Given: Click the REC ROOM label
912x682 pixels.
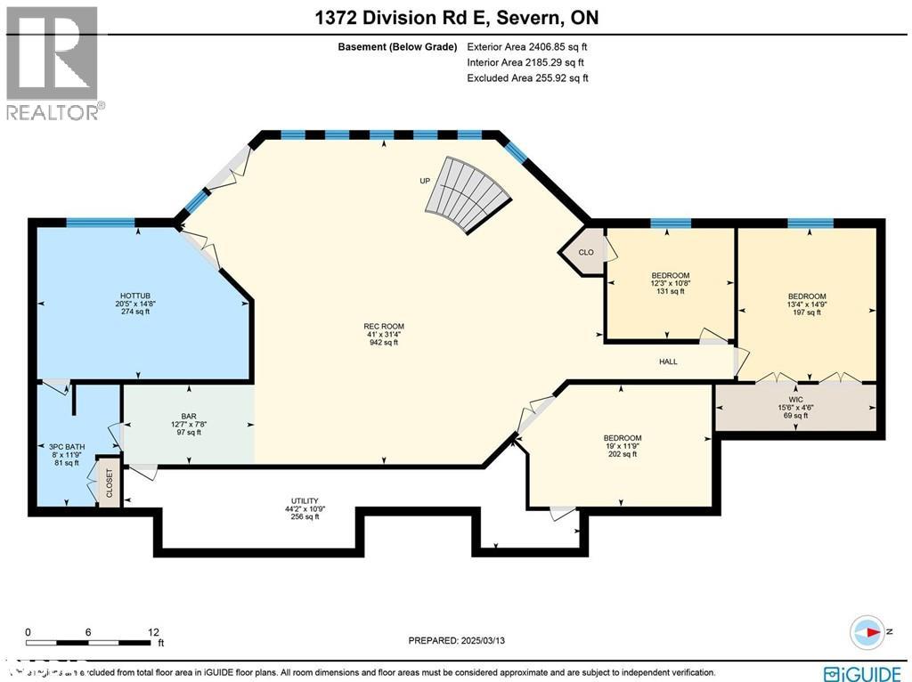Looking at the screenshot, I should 384,327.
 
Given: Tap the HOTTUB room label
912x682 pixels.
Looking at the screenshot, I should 136,296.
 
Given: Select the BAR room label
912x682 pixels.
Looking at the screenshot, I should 189,415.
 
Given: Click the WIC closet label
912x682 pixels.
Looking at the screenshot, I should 795,398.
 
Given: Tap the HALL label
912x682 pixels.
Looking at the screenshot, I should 668,361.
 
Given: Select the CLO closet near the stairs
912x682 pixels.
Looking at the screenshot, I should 586,252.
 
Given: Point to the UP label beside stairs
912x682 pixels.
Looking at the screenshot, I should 425,181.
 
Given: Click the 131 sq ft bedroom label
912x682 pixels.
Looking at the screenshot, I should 670,275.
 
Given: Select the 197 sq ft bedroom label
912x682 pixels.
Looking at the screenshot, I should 807,296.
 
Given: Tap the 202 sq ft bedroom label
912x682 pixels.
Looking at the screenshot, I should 622,437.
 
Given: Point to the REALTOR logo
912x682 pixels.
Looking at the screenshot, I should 54,62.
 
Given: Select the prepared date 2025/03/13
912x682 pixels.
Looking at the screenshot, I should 461,640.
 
